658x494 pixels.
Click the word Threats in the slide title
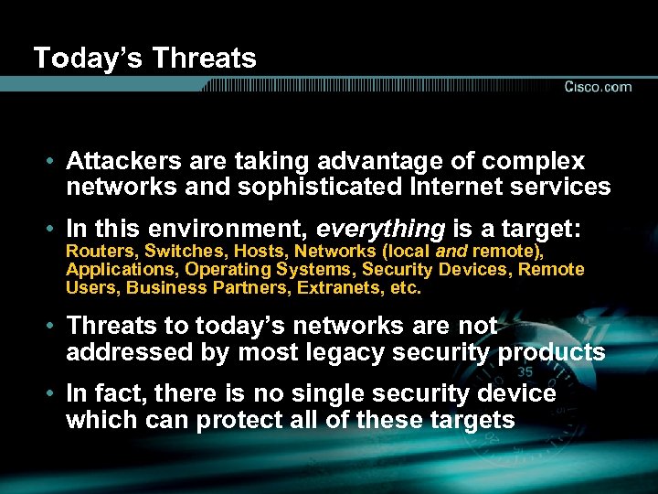tap(205, 59)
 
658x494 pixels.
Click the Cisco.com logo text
tap(598, 87)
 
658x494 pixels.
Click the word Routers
tap(97, 252)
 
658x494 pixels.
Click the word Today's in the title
tap(88, 59)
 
